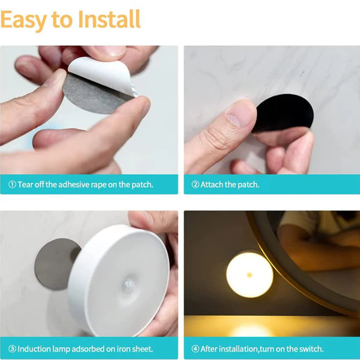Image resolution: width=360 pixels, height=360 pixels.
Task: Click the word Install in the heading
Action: pyautogui.click(x=109, y=20)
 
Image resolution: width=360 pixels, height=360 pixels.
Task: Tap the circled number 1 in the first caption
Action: pyautogui.click(x=12, y=184)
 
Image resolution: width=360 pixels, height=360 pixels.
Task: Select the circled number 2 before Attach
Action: pyautogui.click(x=196, y=184)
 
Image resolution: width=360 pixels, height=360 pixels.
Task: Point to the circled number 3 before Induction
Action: pyautogui.click(x=12, y=349)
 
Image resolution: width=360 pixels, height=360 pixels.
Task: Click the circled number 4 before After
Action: pyautogui.click(x=196, y=349)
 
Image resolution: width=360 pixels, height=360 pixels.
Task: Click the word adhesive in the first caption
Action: pyautogui.click(x=76, y=184)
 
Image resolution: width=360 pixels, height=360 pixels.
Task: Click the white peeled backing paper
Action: pyautogui.click(x=98, y=75)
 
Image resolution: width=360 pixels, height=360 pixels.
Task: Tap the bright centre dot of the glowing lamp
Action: pyautogui.click(x=249, y=275)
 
